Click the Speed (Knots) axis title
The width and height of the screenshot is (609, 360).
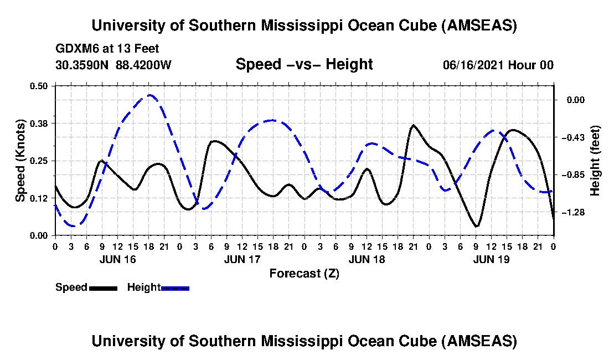(20, 160)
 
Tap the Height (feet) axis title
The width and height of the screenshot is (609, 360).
(596, 161)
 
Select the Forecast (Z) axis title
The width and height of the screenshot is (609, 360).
(304, 273)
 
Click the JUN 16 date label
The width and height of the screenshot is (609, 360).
(117, 259)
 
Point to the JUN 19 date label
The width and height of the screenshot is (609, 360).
(492, 259)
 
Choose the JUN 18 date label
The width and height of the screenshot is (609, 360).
(367, 259)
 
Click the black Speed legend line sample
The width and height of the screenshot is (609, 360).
(102, 288)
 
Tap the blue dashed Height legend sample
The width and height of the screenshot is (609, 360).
(175, 288)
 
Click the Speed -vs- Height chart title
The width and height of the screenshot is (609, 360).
(304, 65)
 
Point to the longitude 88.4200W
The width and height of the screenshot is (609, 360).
(143, 65)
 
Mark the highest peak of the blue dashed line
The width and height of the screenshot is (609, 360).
(149, 95)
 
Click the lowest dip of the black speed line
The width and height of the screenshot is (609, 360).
(476, 226)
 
